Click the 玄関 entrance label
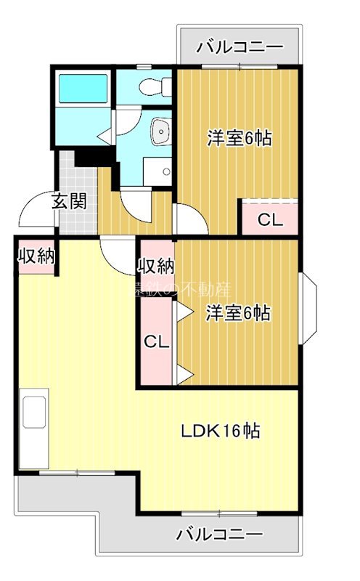click(x=69, y=201)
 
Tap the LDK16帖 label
click(x=221, y=431)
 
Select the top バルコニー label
click(x=240, y=47)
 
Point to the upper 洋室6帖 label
click(x=239, y=138)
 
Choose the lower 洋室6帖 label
click(x=238, y=314)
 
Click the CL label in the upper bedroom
click(x=270, y=219)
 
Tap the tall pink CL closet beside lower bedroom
click(x=155, y=341)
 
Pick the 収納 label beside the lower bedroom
click(x=156, y=266)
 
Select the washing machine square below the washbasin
click(x=157, y=171)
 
